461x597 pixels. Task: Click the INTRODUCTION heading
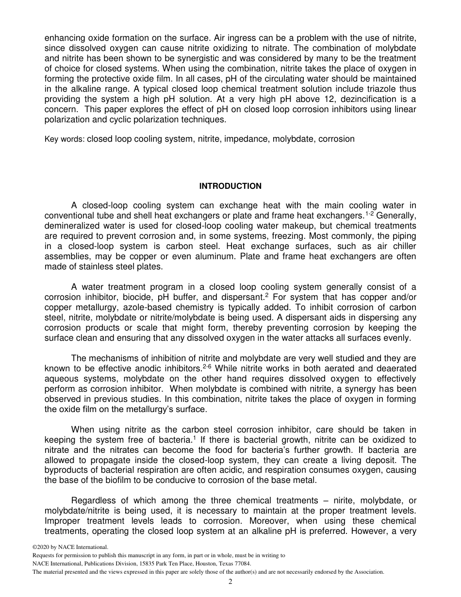pos(230,186)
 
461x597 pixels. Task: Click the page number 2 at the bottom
pos(230,581)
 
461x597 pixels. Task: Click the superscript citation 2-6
pos(206,365)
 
